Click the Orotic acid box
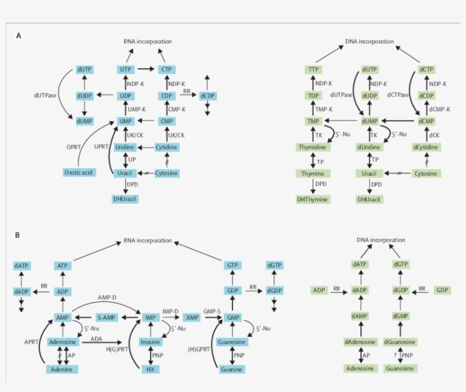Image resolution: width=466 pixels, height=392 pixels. click(x=79, y=172)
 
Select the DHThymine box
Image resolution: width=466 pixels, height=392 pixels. click(x=313, y=200)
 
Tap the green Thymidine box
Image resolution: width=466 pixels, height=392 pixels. click(x=313, y=147)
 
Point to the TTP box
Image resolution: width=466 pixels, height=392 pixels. click(x=313, y=69)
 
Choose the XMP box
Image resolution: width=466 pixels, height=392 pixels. click(x=193, y=317)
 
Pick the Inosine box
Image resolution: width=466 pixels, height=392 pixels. click(x=151, y=343)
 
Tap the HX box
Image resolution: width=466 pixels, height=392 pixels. click(x=151, y=369)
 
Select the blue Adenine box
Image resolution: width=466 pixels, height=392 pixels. click(x=63, y=369)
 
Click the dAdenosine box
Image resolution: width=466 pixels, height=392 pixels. click(x=359, y=343)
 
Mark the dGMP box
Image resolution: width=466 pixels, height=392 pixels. click(x=401, y=316)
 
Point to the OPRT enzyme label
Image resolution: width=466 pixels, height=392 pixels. click(x=74, y=147)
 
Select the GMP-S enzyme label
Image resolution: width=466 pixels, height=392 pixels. click(x=212, y=312)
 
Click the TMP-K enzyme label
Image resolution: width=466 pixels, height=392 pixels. click(x=324, y=108)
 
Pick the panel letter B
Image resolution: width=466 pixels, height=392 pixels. click(x=18, y=234)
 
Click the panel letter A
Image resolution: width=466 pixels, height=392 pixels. click(x=18, y=35)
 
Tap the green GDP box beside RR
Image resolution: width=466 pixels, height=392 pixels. click(x=442, y=290)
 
